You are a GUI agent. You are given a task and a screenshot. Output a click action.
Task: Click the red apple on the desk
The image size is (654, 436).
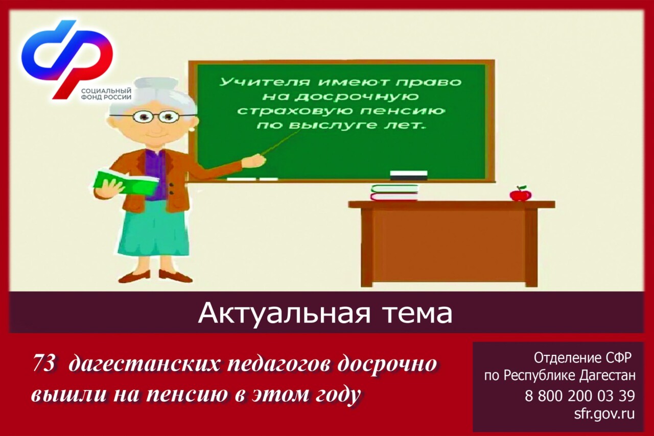click(521, 195)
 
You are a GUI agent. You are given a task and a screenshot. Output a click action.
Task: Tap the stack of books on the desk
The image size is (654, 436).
click(394, 192)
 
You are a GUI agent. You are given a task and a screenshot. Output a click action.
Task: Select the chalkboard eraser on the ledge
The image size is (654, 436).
click(409, 176)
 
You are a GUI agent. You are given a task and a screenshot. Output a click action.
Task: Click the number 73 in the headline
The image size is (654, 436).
click(44, 364)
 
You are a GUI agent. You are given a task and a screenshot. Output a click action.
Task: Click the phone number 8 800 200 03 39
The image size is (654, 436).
click(579, 396)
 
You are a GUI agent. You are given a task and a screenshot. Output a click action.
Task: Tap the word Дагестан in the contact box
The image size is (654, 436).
click(608, 376)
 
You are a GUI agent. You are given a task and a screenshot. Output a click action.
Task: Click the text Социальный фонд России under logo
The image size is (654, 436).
click(106, 94)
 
